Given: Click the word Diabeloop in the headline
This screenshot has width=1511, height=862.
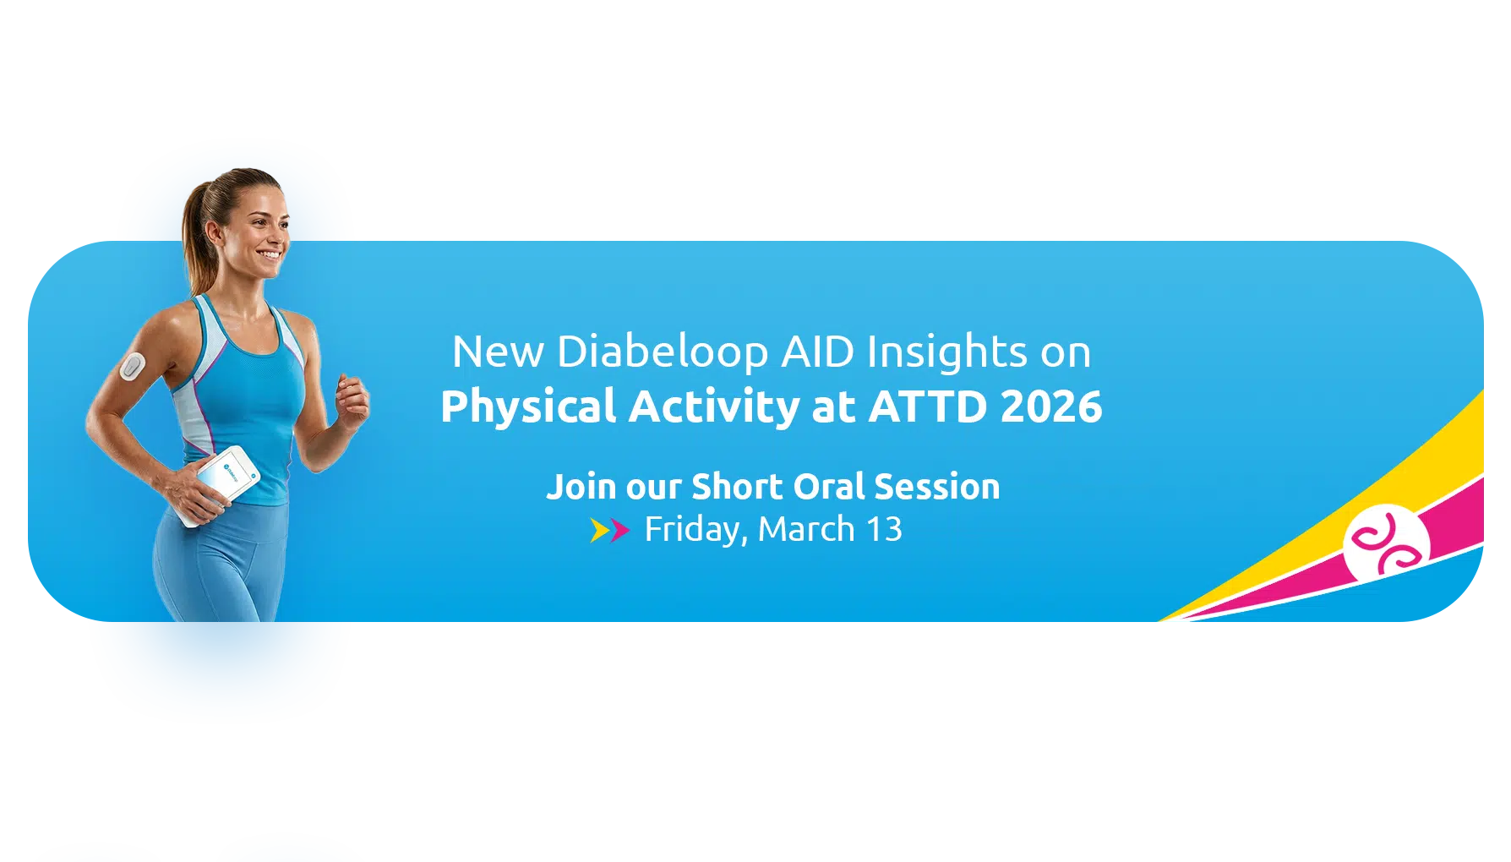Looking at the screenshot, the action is [663, 352].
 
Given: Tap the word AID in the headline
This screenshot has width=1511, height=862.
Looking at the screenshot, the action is [818, 352].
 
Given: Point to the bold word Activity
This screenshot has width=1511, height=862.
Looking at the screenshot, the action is [715, 407].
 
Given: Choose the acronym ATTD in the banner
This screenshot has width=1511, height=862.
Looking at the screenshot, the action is [928, 406].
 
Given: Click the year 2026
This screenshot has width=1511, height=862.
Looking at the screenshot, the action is [1051, 406].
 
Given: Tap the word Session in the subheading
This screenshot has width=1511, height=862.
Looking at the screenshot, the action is [937, 487].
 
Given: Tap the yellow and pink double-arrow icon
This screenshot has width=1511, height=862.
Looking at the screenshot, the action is [610, 531].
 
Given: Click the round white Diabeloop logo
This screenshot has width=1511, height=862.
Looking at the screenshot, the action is [1386, 543].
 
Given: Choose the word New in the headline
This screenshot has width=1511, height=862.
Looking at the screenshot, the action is [498, 352].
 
